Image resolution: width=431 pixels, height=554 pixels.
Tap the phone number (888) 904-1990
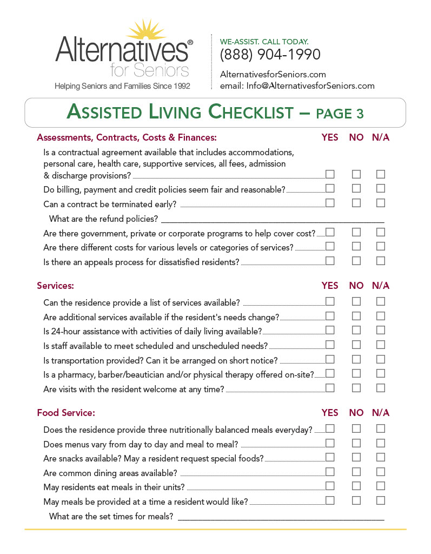click(x=270, y=55)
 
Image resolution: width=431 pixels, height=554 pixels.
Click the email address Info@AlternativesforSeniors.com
click(x=310, y=85)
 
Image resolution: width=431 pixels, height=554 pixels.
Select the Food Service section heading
click(x=66, y=413)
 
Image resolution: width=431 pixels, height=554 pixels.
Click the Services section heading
click(x=55, y=286)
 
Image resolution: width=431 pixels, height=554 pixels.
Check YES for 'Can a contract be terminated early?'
click(x=330, y=203)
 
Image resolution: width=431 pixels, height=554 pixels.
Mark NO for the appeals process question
click(x=356, y=261)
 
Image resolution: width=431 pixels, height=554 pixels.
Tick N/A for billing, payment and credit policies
click(x=381, y=188)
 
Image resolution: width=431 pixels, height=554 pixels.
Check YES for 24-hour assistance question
click(x=330, y=330)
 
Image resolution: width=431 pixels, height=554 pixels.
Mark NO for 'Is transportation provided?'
click(x=356, y=359)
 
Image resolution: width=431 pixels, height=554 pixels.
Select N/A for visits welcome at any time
click(x=381, y=387)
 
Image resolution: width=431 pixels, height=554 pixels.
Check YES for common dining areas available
click(x=330, y=472)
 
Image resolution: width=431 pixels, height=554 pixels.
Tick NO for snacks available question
click(x=356, y=457)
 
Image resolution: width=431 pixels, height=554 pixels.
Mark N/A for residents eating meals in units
click(x=381, y=486)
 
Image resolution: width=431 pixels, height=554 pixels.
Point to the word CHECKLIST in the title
click(x=250, y=113)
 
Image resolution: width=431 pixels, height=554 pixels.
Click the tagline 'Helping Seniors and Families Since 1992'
click(x=122, y=86)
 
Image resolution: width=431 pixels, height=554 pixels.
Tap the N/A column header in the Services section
click(x=381, y=286)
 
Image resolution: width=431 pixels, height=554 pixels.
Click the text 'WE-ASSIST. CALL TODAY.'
click(x=264, y=42)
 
